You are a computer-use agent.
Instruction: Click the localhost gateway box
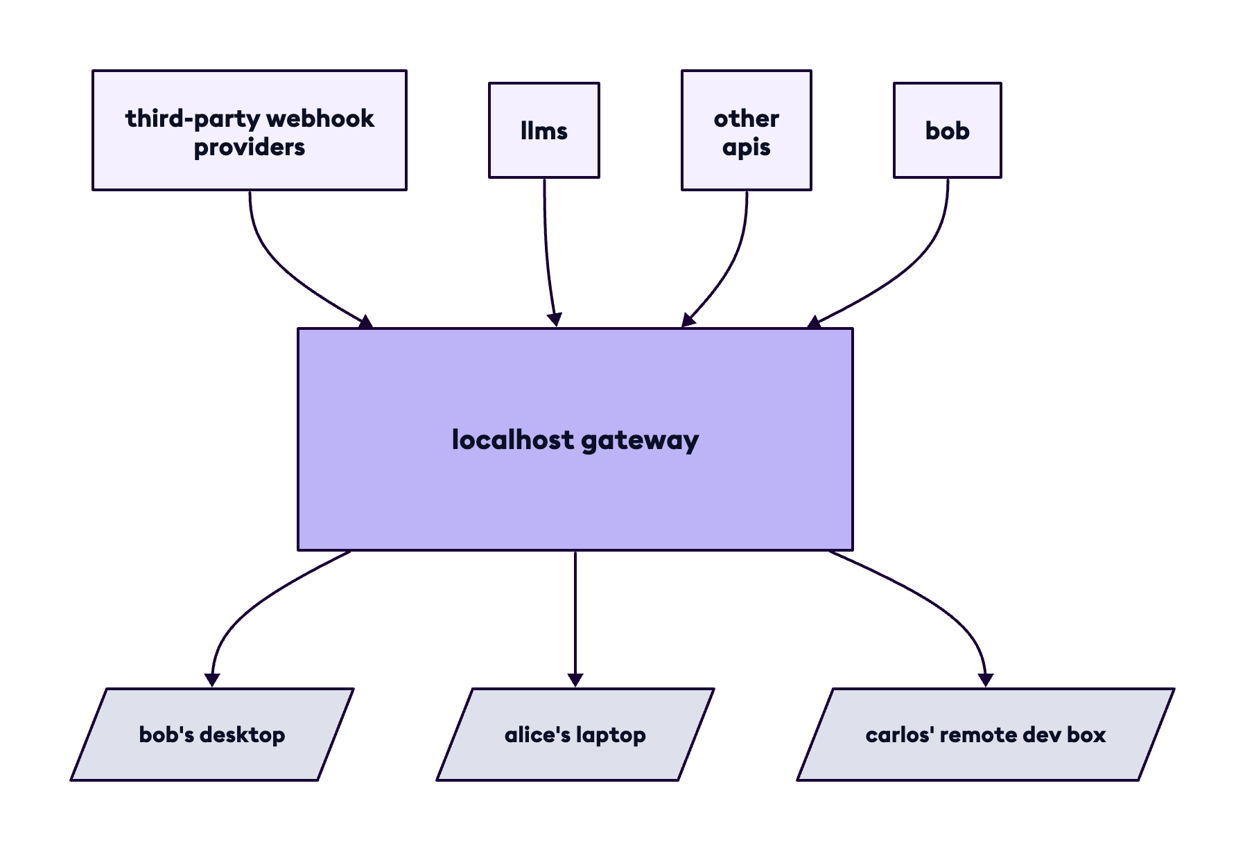click(x=575, y=485)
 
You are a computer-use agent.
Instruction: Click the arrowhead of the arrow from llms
click(x=555, y=319)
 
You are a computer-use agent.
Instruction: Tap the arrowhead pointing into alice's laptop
click(x=575, y=679)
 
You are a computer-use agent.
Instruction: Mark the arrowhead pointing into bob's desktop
click(x=212, y=679)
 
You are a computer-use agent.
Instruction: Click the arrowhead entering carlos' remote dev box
click(x=985, y=679)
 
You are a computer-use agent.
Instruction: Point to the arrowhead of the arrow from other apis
click(x=688, y=320)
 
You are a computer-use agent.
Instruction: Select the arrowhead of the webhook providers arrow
click(x=365, y=321)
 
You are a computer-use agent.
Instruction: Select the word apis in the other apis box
click(x=747, y=147)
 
